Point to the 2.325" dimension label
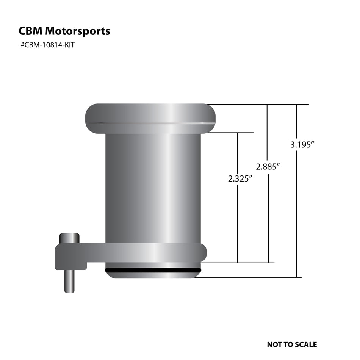point(240,179)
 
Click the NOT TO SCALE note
point(292,344)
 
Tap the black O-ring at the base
point(153,270)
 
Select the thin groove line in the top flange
point(150,123)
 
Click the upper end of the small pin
point(69,238)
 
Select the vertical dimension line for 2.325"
point(237,224)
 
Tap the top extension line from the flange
point(258,104)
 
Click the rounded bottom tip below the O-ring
point(153,275)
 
